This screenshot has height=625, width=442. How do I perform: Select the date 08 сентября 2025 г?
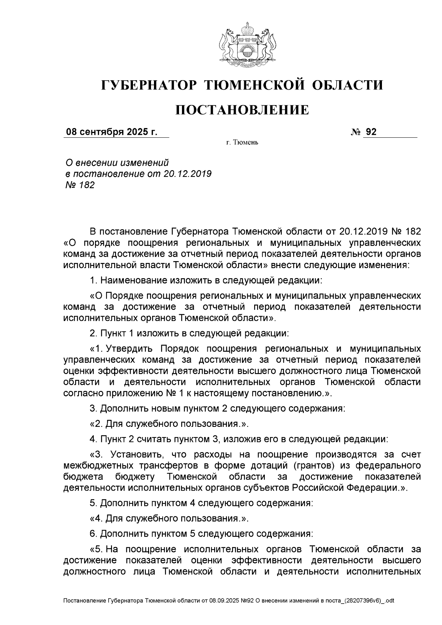pyautogui.click(x=111, y=132)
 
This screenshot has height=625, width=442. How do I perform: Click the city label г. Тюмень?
pyautogui.click(x=242, y=143)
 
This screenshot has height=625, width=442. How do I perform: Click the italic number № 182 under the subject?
pyautogui.click(x=80, y=185)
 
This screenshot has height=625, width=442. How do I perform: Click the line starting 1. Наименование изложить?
pyautogui.click(x=206, y=280)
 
